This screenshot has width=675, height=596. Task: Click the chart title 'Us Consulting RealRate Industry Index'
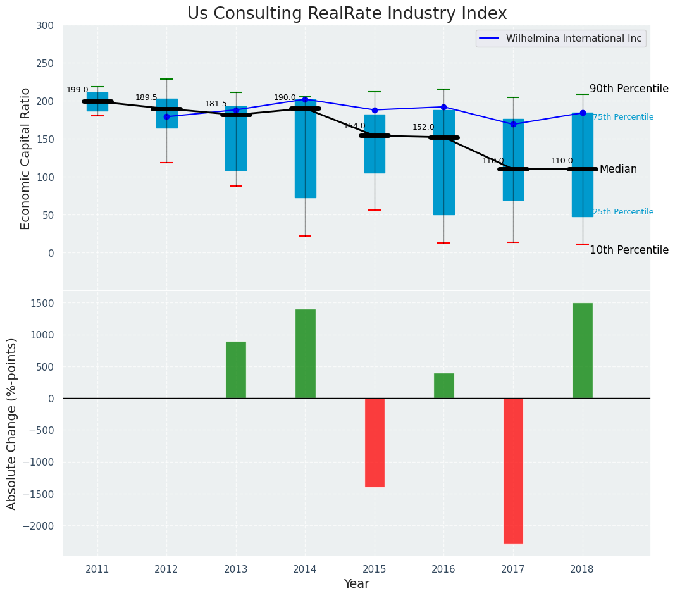(x=347, y=14)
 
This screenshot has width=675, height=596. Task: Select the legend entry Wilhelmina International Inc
(x=573, y=39)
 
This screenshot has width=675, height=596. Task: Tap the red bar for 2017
(x=513, y=471)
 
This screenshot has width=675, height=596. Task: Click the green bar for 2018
(x=582, y=351)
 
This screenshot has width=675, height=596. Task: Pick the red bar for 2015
(x=375, y=442)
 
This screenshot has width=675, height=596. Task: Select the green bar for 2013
(x=236, y=370)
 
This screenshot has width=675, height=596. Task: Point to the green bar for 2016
(x=443, y=386)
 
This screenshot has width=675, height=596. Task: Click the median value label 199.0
(x=77, y=90)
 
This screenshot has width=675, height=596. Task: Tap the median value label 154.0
(x=354, y=127)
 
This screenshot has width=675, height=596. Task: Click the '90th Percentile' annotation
(x=629, y=89)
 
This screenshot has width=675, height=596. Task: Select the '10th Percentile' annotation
(x=629, y=251)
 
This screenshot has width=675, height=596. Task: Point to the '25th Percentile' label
(x=623, y=212)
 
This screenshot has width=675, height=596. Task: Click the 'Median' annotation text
(x=618, y=170)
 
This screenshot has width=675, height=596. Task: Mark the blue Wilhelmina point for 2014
(x=305, y=99)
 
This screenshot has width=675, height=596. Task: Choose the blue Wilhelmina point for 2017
(x=513, y=124)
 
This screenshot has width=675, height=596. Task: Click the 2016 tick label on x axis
(x=443, y=569)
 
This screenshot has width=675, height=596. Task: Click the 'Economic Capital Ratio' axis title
(x=26, y=158)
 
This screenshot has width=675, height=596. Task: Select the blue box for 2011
(x=97, y=102)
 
